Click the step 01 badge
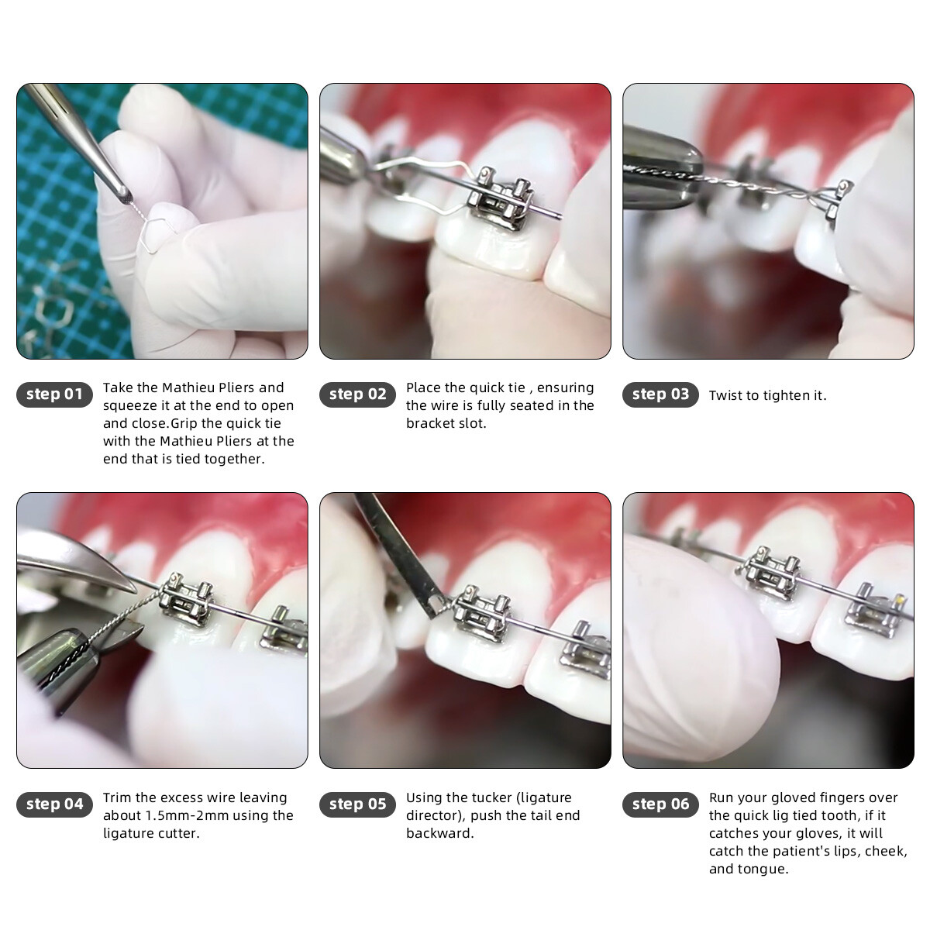[54, 394]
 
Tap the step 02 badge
[357, 394]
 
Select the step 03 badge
[660, 394]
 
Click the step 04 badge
[54, 804]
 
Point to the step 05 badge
[357, 804]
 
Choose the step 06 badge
[660, 804]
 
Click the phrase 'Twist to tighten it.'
[767, 395]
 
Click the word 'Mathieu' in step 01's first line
[189, 387]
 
